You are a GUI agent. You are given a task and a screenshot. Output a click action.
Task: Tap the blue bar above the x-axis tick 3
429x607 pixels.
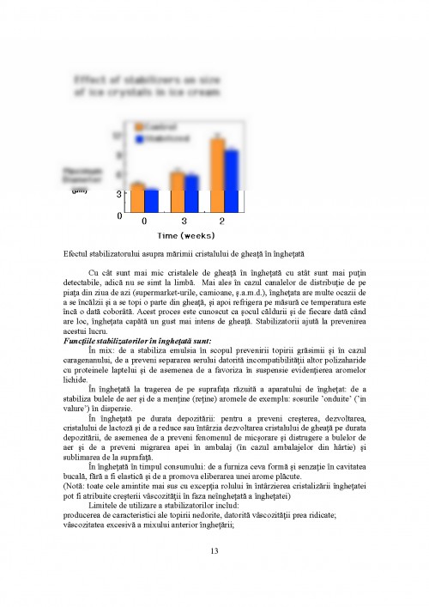point(191,194)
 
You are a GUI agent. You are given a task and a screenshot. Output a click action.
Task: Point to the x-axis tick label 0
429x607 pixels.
point(144,222)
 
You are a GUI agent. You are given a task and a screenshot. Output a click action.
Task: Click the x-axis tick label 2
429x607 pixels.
point(222,222)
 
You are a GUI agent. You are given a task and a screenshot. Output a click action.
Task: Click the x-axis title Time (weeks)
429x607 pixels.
point(184,234)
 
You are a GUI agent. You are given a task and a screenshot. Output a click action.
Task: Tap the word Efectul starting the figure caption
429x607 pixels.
point(77,253)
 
